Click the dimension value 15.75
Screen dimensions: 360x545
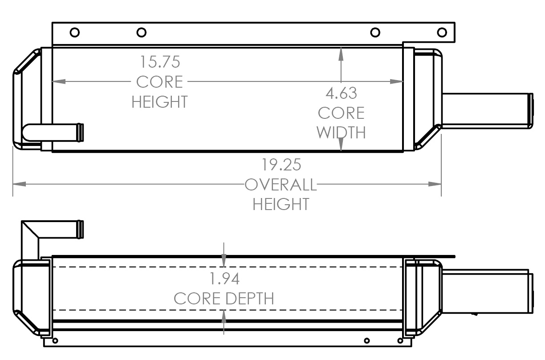(160, 62)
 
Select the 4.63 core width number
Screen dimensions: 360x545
(341, 93)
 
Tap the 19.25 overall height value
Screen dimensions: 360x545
(281, 165)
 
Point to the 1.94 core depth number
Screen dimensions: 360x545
(224, 279)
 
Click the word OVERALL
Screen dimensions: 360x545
(281, 184)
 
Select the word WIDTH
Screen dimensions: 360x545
(341, 133)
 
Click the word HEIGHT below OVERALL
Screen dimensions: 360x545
(281, 204)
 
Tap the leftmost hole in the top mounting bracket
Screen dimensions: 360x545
(75, 32)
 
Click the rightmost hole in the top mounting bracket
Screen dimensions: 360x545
(442, 32)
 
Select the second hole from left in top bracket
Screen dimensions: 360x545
(141, 32)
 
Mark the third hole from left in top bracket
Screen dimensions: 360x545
(375, 32)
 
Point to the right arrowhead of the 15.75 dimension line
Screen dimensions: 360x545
(397, 81)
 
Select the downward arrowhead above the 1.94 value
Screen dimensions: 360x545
(224, 260)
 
